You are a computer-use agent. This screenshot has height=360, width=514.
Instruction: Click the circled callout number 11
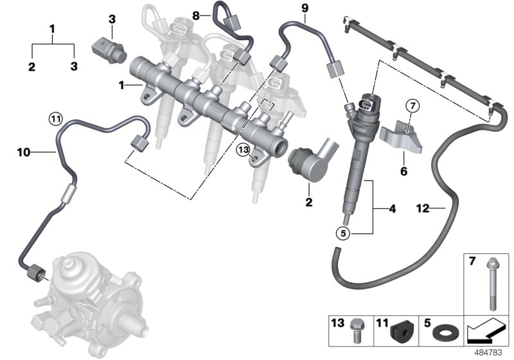click(x=56, y=118)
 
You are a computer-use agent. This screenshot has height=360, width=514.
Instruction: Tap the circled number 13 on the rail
click(x=242, y=150)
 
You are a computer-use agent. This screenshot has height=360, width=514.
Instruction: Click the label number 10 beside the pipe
click(x=24, y=152)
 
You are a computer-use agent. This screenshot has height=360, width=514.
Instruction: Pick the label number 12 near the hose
click(x=423, y=208)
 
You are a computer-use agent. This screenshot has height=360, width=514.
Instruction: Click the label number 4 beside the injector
click(x=391, y=208)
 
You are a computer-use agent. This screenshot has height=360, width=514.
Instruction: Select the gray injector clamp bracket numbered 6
click(x=400, y=136)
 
